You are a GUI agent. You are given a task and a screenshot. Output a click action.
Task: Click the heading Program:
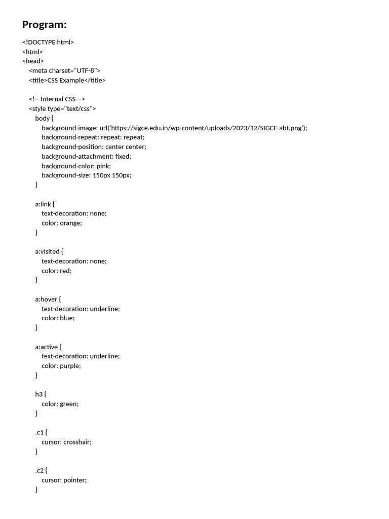click(45, 24)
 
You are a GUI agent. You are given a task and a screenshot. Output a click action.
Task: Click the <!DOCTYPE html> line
click(48, 42)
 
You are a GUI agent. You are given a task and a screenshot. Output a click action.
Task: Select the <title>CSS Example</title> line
click(67, 80)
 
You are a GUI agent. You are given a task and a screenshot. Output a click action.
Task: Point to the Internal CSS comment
click(57, 99)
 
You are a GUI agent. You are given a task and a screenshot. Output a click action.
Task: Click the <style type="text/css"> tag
click(62, 108)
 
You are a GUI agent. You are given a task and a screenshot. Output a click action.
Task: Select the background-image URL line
click(174, 128)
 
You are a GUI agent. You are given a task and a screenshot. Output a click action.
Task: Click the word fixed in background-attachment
click(123, 156)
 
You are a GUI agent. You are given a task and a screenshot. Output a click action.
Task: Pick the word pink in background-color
click(103, 166)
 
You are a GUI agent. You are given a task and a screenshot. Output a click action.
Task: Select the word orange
click(71, 223)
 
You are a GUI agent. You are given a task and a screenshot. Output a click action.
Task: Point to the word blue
click(67, 318)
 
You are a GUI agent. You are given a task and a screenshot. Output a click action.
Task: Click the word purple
click(70, 365)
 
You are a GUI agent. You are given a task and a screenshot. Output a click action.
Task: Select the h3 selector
click(39, 394)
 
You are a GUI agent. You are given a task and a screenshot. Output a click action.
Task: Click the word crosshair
click(77, 441)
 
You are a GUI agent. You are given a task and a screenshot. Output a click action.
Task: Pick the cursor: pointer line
click(64, 479)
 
